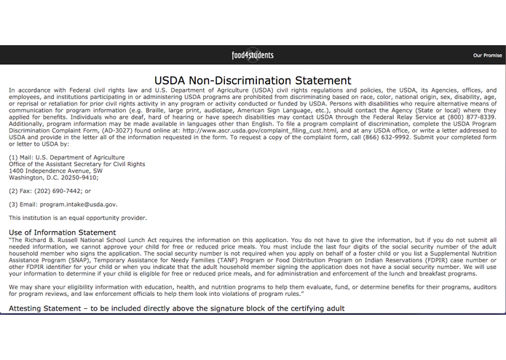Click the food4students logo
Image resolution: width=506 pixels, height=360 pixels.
[x=253, y=55]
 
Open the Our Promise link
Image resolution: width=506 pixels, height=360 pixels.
[x=487, y=55]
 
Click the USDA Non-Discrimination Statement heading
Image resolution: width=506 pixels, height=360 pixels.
[x=253, y=81]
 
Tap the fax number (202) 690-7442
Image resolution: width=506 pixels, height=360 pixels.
[x=55, y=191]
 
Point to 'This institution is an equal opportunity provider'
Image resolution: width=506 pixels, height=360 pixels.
[x=78, y=218]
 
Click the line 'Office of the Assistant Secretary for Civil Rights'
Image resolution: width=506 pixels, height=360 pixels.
[x=76, y=164]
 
